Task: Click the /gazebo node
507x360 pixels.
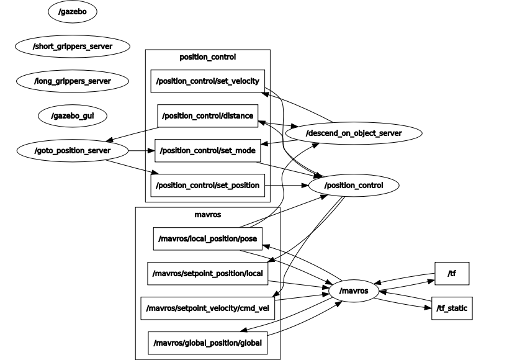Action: (73, 12)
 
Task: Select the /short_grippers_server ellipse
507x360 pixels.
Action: (73, 47)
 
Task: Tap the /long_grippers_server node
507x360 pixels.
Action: (73, 81)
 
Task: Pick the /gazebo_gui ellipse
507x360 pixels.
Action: (73, 116)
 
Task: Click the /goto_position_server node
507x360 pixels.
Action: (73, 151)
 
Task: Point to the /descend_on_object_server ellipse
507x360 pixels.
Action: (354, 133)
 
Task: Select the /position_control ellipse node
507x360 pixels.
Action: (354, 186)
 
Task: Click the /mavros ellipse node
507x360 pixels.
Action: (354, 290)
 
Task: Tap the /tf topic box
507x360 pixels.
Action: (452, 274)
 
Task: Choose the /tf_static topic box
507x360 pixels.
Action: (452, 308)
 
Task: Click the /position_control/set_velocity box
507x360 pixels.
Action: (208, 81)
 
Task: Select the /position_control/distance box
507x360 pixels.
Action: (208, 116)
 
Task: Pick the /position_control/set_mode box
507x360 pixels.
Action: (208, 151)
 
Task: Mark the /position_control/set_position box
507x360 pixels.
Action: (208, 186)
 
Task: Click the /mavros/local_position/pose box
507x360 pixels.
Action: (208, 239)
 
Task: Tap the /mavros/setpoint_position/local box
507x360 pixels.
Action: (208, 274)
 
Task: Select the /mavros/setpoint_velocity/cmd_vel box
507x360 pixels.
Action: (208, 308)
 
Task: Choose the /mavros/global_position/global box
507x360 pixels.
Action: (208, 343)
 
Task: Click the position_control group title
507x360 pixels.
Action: (208, 57)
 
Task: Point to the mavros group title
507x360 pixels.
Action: (208, 215)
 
